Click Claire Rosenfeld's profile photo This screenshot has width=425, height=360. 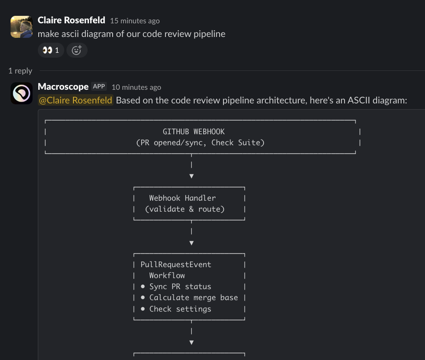click(x=21, y=27)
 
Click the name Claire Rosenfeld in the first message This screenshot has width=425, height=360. click(x=71, y=20)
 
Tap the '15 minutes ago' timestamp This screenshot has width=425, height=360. click(x=135, y=21)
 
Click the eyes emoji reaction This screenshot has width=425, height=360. click(x=51, y=50)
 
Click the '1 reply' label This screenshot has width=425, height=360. click(x=20, y=70)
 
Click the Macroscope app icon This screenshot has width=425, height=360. click(x=21, y=93)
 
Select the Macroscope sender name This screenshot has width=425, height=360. click(x=63, y=87)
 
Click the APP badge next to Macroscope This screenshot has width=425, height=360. click(x=99, y=87)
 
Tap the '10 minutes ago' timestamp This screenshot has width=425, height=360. click(x=136, y=87)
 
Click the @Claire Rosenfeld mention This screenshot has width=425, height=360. click(x=76, y=100)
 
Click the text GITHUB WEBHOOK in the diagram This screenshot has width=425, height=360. click(x=194, y=132)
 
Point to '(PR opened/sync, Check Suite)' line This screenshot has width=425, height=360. click(x=200, y=143)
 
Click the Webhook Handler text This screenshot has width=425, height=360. click(x=182, y=198)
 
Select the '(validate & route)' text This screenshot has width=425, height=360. click(x=185, y=209)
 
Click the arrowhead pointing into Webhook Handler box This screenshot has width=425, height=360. click(x=191, y=176)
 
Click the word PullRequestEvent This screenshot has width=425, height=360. click(x=176, y=264)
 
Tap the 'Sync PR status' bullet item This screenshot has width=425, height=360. click(x=180, y=287)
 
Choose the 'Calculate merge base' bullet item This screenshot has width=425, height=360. click(x=193, y=298)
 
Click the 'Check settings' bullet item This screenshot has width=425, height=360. click(x=180, y=309)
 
